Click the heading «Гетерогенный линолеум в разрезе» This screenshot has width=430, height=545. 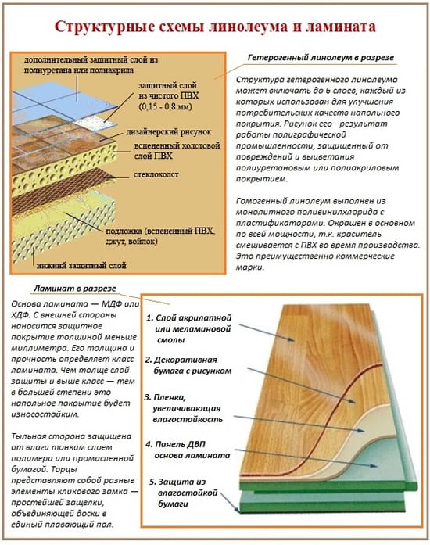321,58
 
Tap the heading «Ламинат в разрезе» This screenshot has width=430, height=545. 75,289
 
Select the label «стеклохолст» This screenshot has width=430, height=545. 156,175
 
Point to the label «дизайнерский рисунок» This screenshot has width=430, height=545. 169,132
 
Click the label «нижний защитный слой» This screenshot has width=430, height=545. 81,266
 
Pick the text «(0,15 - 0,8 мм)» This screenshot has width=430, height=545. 166,106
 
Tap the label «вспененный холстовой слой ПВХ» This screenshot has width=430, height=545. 177,150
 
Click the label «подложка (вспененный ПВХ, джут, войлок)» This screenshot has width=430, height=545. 160,236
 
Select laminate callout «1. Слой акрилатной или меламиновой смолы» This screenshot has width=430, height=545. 188,329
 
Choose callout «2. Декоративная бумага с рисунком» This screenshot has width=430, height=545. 188,365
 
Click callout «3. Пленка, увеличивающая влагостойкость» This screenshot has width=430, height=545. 183,408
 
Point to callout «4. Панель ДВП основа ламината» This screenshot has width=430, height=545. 188,450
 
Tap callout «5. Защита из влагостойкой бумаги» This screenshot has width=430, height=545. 184,493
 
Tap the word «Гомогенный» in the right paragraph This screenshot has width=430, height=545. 261,201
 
